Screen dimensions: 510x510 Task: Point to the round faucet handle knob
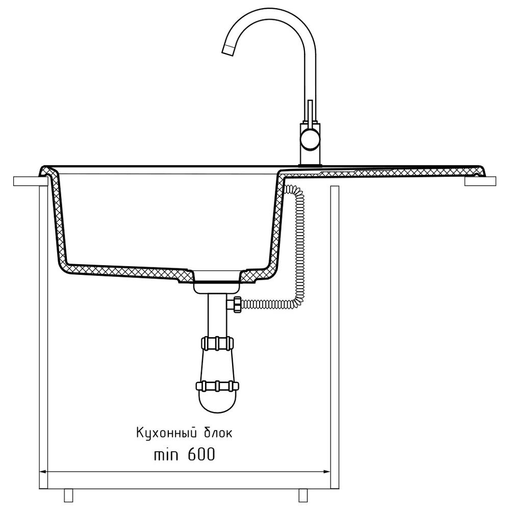310,139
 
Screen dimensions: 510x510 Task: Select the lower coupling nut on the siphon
217,386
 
